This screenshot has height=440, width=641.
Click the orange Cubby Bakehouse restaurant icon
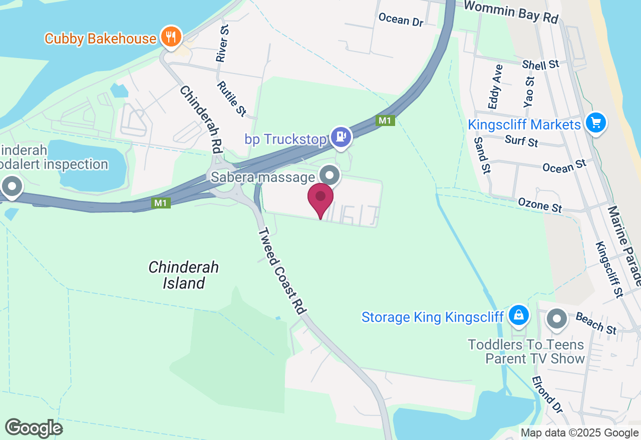pos(171,37)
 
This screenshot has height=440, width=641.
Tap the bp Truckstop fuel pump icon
pos(341,136)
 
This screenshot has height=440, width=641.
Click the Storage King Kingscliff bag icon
pos(519,315)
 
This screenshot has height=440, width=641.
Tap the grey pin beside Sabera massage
pos(330,175)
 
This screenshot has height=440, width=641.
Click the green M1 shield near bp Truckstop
pos(386,120)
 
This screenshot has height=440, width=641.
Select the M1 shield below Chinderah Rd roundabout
pos(160,203)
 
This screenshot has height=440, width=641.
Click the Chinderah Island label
pos(184,275)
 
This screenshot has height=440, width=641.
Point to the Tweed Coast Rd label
pos(281,271)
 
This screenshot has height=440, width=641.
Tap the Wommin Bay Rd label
pos(511,11)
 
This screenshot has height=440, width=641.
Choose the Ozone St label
pos(540,205)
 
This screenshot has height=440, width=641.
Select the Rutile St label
pos(231,99)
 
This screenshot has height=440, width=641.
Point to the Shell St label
pos(540,64)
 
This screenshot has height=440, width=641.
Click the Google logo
pos(34,428)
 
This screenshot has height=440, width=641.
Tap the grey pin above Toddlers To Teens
pos(556,318)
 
